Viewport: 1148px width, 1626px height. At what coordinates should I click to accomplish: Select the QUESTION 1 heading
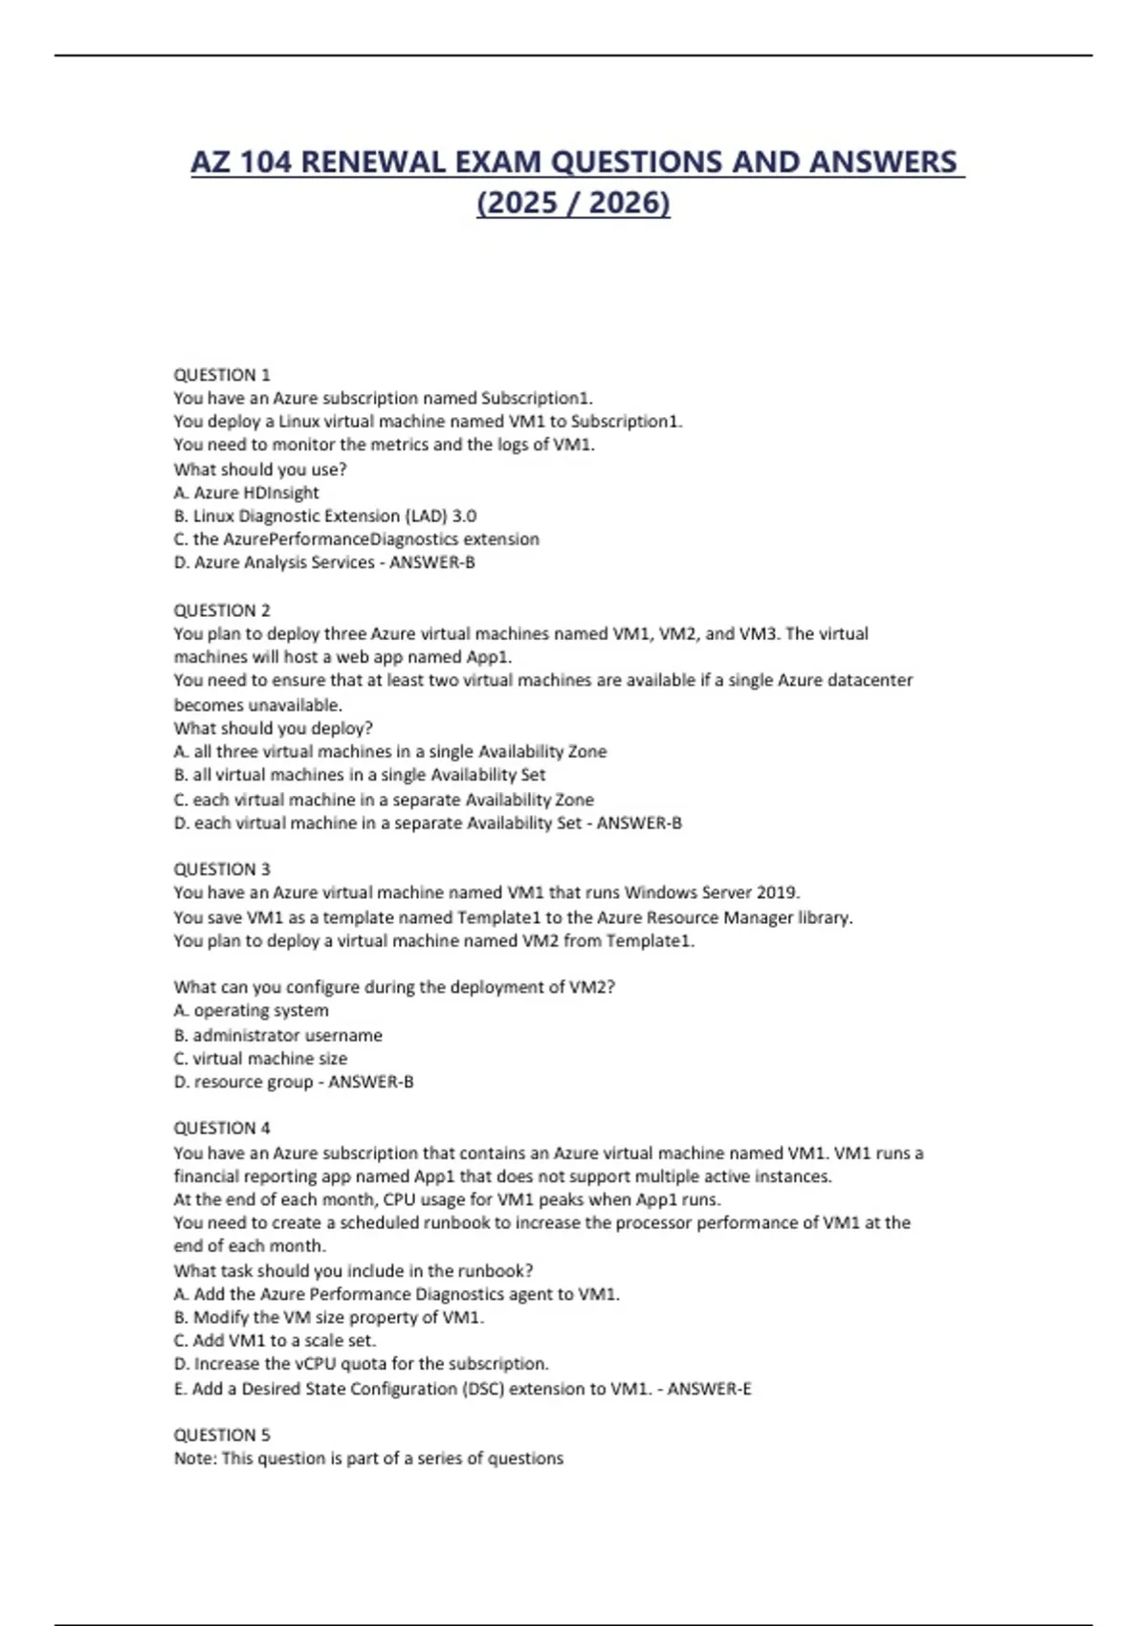(222, 375)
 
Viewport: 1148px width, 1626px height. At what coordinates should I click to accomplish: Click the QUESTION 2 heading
(222, 610)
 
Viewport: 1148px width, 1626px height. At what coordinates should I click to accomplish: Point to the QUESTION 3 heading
(222, 869)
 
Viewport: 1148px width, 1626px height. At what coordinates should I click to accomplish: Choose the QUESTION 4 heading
(222, 1129)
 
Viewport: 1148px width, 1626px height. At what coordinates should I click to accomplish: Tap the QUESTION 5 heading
(222, 1435)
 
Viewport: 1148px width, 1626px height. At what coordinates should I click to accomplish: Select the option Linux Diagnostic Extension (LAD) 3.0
(325, 516)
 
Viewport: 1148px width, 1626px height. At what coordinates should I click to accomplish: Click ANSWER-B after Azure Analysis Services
(432, 562)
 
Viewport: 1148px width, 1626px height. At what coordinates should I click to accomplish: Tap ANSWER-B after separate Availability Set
(639, 823)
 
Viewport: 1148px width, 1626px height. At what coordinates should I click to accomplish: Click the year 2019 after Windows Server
(777, 893)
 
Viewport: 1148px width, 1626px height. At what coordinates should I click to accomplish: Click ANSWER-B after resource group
(371, 1082)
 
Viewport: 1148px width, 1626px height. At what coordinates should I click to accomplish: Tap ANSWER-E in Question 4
(709, 1389)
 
